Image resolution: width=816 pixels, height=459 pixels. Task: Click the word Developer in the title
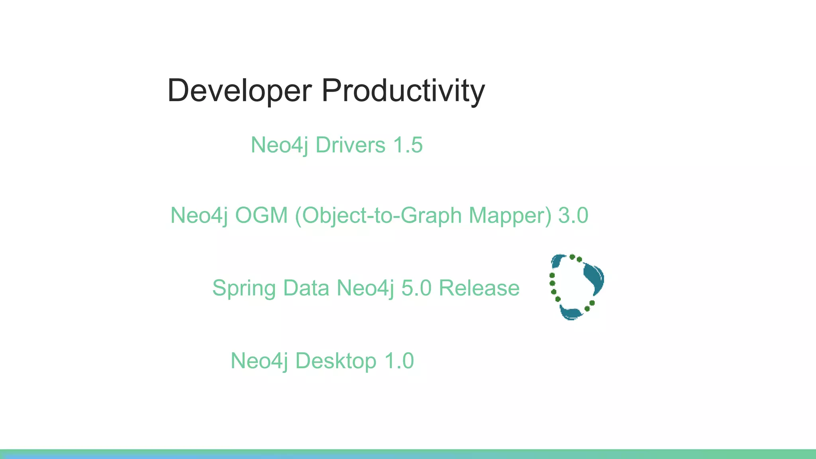coord(239,91)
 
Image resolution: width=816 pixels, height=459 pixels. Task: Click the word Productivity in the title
coord(403,91)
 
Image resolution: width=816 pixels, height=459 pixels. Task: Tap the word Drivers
coord(350,145)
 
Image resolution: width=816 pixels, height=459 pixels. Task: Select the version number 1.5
coord(408,145)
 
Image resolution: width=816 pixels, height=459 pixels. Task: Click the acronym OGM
coord(261,215)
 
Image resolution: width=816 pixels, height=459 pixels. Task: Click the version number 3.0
coord(573,215)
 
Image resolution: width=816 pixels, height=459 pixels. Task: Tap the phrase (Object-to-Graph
coord(378,216)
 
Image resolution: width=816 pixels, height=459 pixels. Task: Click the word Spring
coord(244,288)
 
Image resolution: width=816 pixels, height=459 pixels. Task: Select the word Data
coord(306,288)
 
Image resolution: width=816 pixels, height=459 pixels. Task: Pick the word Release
coord(479,288)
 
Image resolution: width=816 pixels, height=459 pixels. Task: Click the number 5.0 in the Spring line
coord(416,288)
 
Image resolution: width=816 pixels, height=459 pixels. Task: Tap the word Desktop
coord(335,361)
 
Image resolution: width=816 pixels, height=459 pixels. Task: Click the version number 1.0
coord(399,361)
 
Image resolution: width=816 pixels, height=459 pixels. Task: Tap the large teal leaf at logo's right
coord(594,277)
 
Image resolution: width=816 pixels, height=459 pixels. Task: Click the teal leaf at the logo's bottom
coord(571,313)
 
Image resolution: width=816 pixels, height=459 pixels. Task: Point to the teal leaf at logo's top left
coord(557,261)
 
